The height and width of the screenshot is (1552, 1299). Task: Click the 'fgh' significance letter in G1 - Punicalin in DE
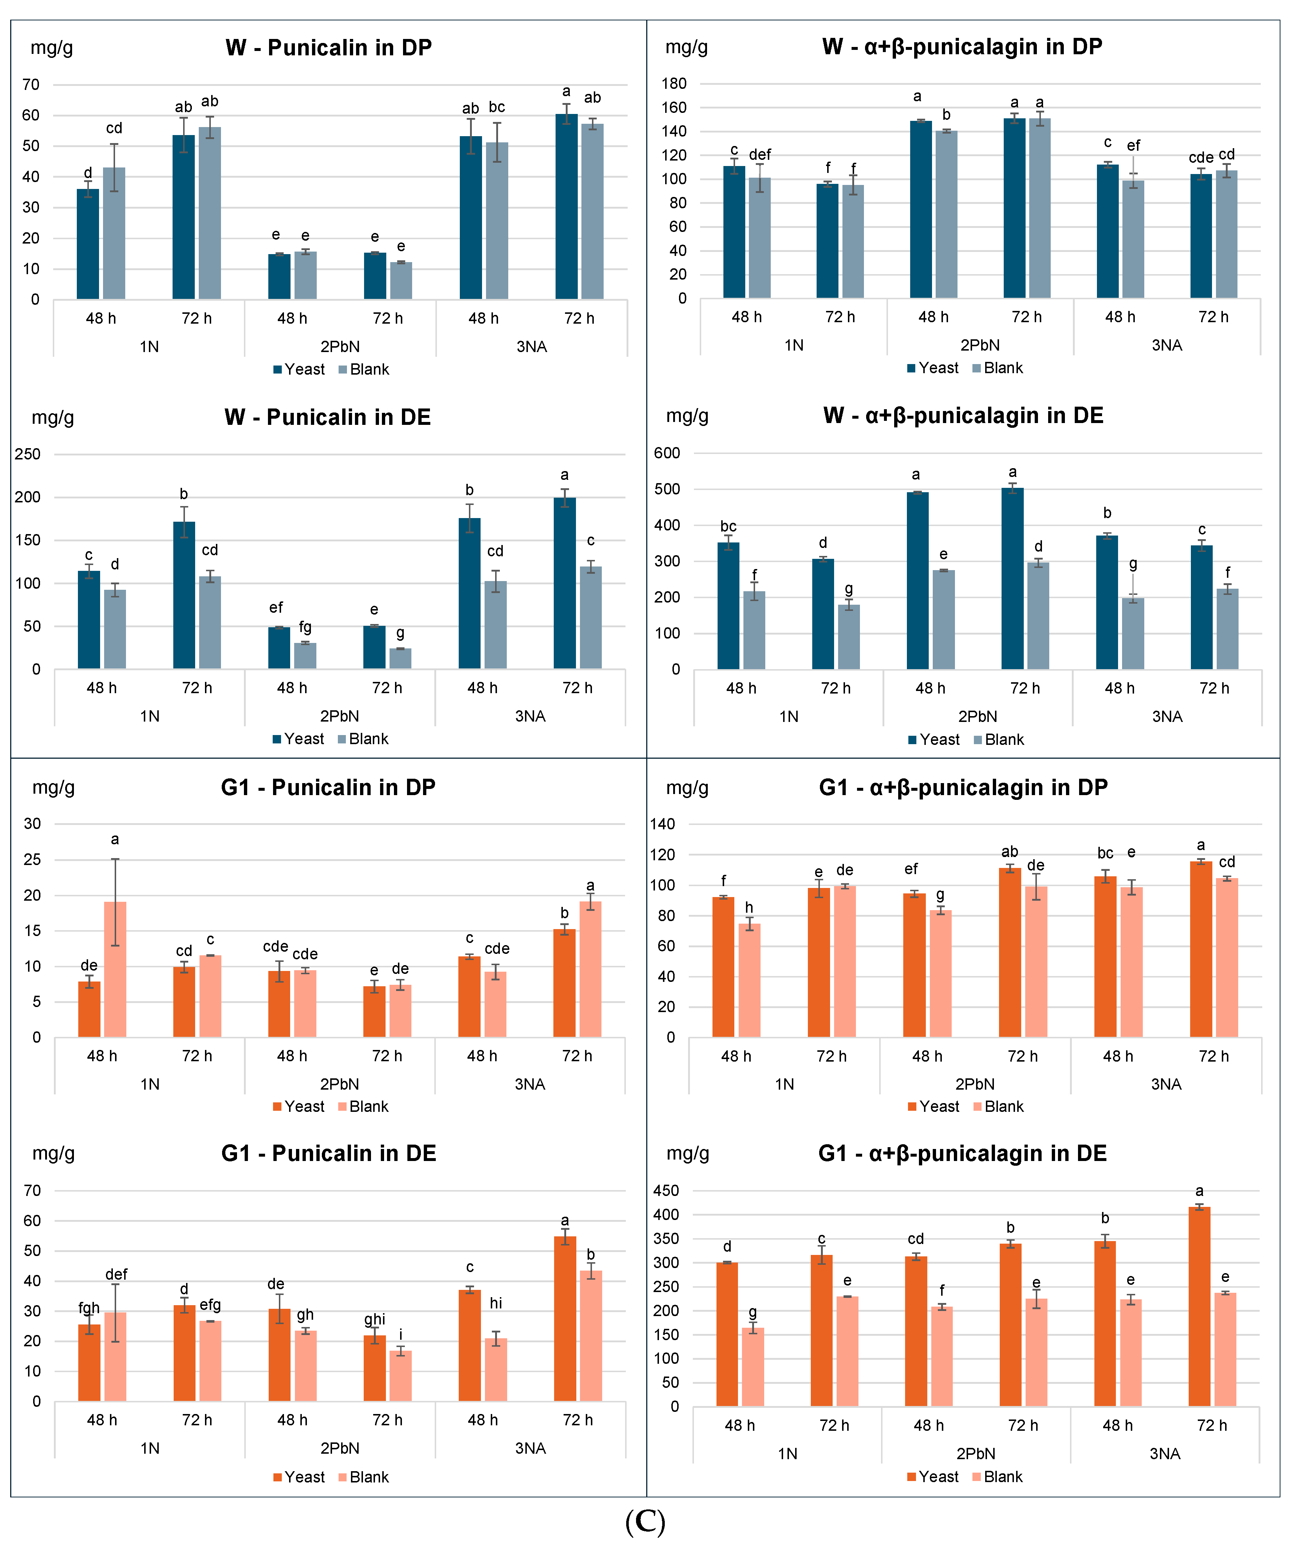click(89, 1308)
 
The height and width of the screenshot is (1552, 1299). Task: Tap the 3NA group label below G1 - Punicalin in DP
click(530, 1084)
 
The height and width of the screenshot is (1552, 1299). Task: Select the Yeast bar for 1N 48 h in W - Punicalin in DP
click(88, 244)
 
